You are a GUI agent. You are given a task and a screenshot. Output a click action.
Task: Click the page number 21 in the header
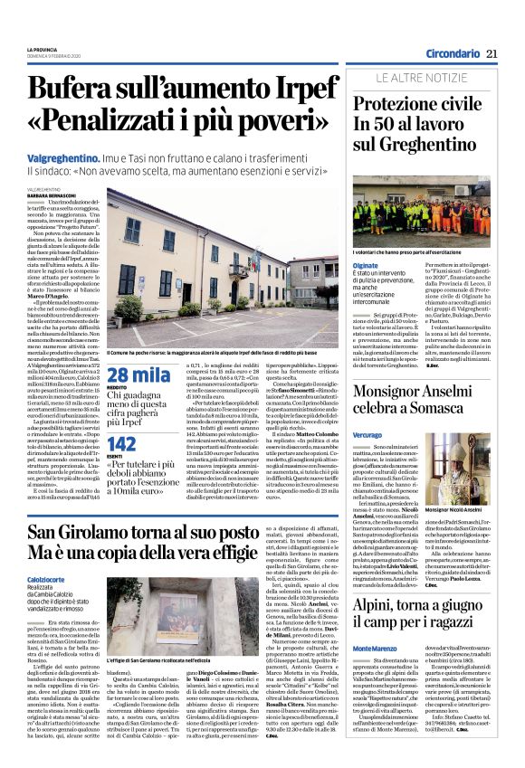click(x=492, y=53)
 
